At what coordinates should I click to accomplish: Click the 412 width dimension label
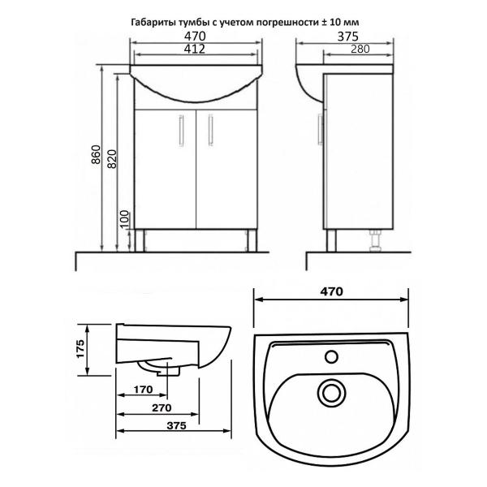tap(195, 49)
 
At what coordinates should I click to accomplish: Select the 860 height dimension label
tap(97, 154)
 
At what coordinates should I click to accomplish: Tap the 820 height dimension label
tap(112, 159)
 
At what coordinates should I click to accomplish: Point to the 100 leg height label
tap(124, 219)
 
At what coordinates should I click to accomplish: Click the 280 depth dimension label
tap(360, 49)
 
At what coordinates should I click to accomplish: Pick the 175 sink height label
tap(80, 349)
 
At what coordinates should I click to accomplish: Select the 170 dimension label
tap(143, 390)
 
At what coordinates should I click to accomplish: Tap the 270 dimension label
tap(162, 407)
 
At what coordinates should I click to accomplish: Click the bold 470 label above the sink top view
tap(332, 291)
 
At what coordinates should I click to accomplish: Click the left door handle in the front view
tap(181, 130)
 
